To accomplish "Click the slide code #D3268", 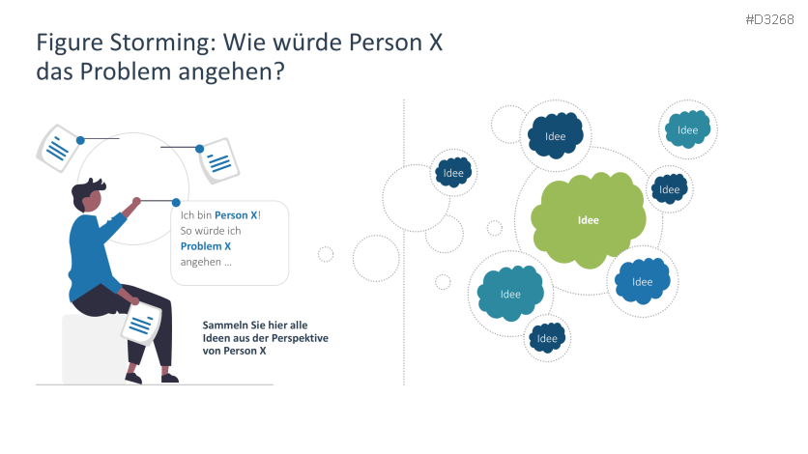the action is coord(769,19).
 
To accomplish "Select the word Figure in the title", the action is coord(70,43).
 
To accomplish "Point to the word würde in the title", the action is coord(309,42).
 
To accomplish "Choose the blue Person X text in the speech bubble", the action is coord(236,215).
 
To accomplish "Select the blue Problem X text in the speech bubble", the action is coord(206,246).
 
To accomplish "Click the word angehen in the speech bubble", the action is coord(200,262).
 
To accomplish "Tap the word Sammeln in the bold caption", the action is coord(220,325).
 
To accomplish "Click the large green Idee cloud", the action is coord(588,220).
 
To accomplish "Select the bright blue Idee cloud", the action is coord(642,281).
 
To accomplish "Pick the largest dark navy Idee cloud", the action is coord(556,135).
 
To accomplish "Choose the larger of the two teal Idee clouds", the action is coord(510,294).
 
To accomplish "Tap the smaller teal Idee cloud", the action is coord(687,129).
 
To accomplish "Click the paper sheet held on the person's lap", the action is coord(142,324).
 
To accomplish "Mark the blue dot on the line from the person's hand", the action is coord(176,202).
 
